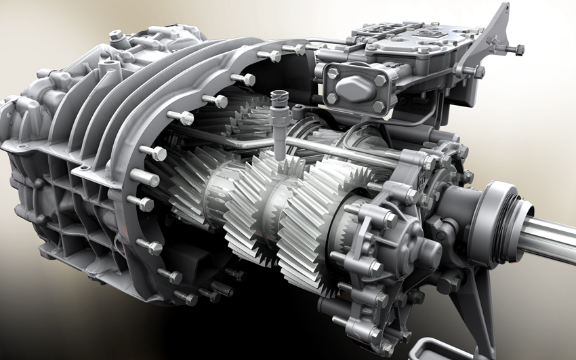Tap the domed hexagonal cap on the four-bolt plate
[352, 87]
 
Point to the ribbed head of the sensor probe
[277, 102]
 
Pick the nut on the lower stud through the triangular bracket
[478, 71]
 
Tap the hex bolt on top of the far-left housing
[115, 34]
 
